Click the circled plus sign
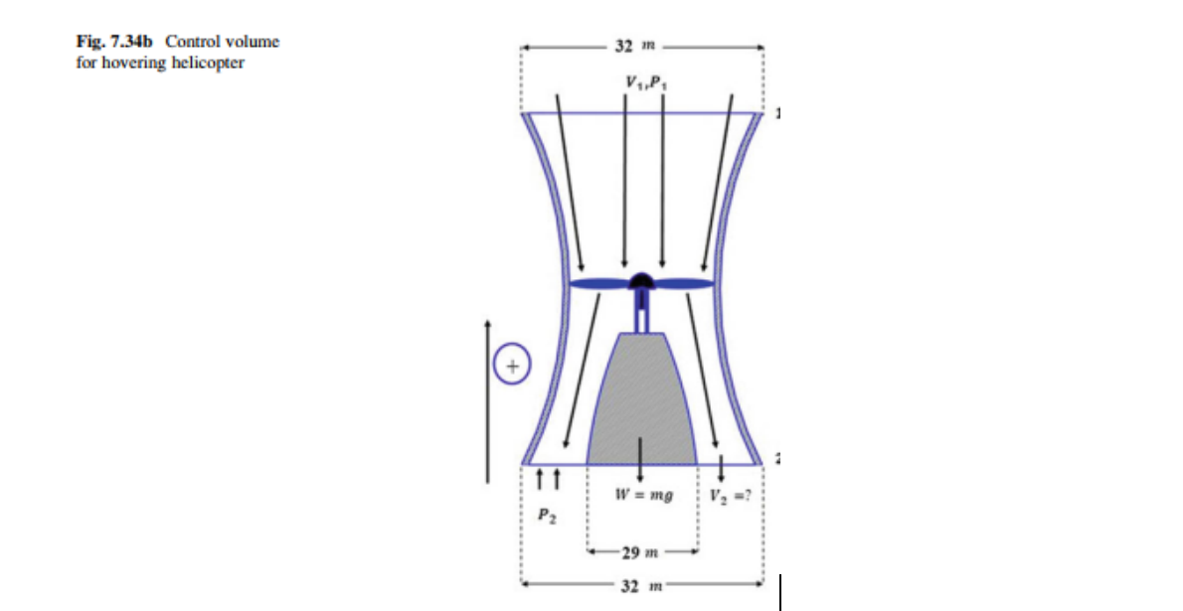(511, 365)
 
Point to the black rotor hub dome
(642, 280)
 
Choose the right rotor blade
(686, 284)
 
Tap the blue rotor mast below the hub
(642, 315)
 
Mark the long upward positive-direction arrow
(487, 397)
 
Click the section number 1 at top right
(778, 114)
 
